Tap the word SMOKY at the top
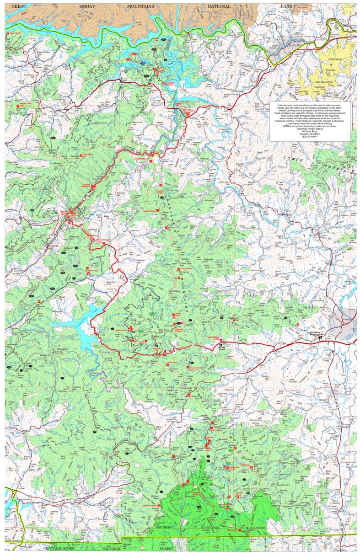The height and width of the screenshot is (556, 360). pos(87,6)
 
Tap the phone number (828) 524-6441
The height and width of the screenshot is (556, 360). pos(310,137)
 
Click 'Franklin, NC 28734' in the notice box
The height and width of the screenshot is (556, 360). pos(310,134)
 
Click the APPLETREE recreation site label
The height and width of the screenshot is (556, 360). pos(93,270)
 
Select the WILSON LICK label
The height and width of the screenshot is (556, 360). pos(157,348)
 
